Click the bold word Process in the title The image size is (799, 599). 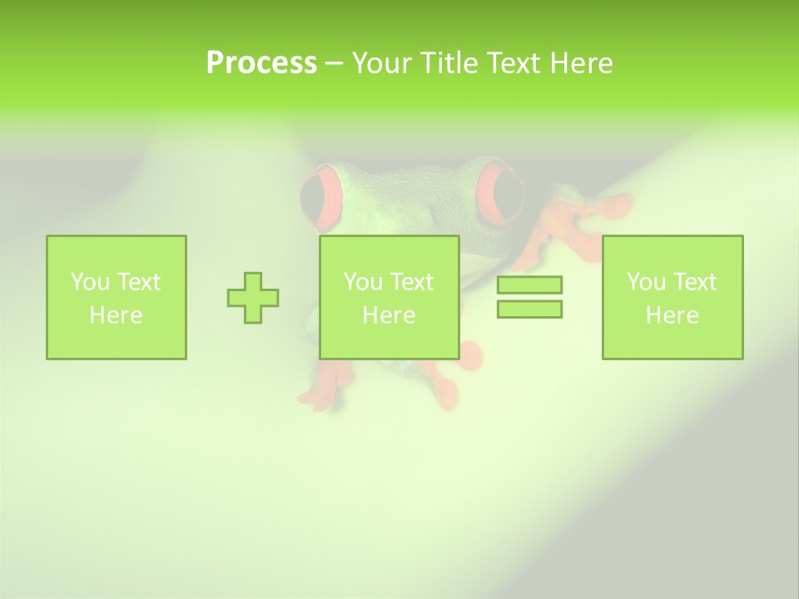click(261, 63)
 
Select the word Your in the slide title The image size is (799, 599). click(383, 63)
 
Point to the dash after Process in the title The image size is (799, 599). click(335, 63)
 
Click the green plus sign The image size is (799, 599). click(253, 297)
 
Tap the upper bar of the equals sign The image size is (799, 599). click(529, 285)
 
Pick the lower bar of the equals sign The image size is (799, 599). click(529, 309)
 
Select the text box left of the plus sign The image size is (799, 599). click(117, 297)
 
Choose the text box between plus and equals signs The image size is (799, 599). click(390, 297)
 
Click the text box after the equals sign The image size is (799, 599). click(672, 297)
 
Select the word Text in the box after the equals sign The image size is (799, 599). click(695, 282)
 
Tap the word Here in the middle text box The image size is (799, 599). click(390, 315)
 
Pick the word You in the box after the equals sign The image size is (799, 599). click(647, 282)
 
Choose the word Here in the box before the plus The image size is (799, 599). click(117, 315)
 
